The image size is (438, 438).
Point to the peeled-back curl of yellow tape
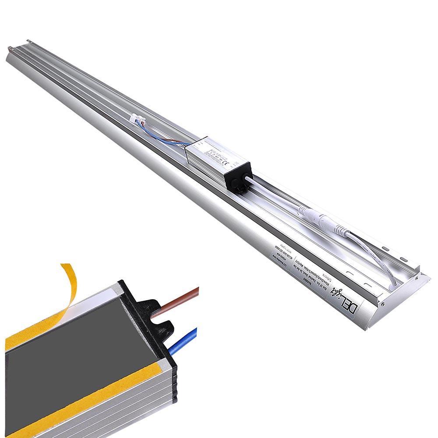[71, 276]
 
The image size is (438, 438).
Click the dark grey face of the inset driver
[70, 350]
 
